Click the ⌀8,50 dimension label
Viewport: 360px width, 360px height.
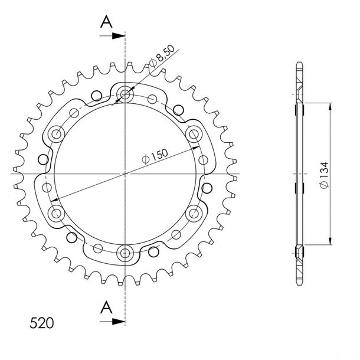[162, 56]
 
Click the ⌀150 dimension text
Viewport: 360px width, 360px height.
[155, 156]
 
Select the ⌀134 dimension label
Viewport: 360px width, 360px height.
[325, 175]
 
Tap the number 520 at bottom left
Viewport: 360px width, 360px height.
[41, 323]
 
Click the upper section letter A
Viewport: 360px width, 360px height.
[106, 22]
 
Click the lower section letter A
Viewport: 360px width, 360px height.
[106, 307]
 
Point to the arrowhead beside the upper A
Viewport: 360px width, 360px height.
[119, 36]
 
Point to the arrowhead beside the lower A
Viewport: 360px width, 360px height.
[119, 322]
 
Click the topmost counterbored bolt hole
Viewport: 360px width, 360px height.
[125, 94]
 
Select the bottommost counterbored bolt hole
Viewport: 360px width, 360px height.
[125, 253]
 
